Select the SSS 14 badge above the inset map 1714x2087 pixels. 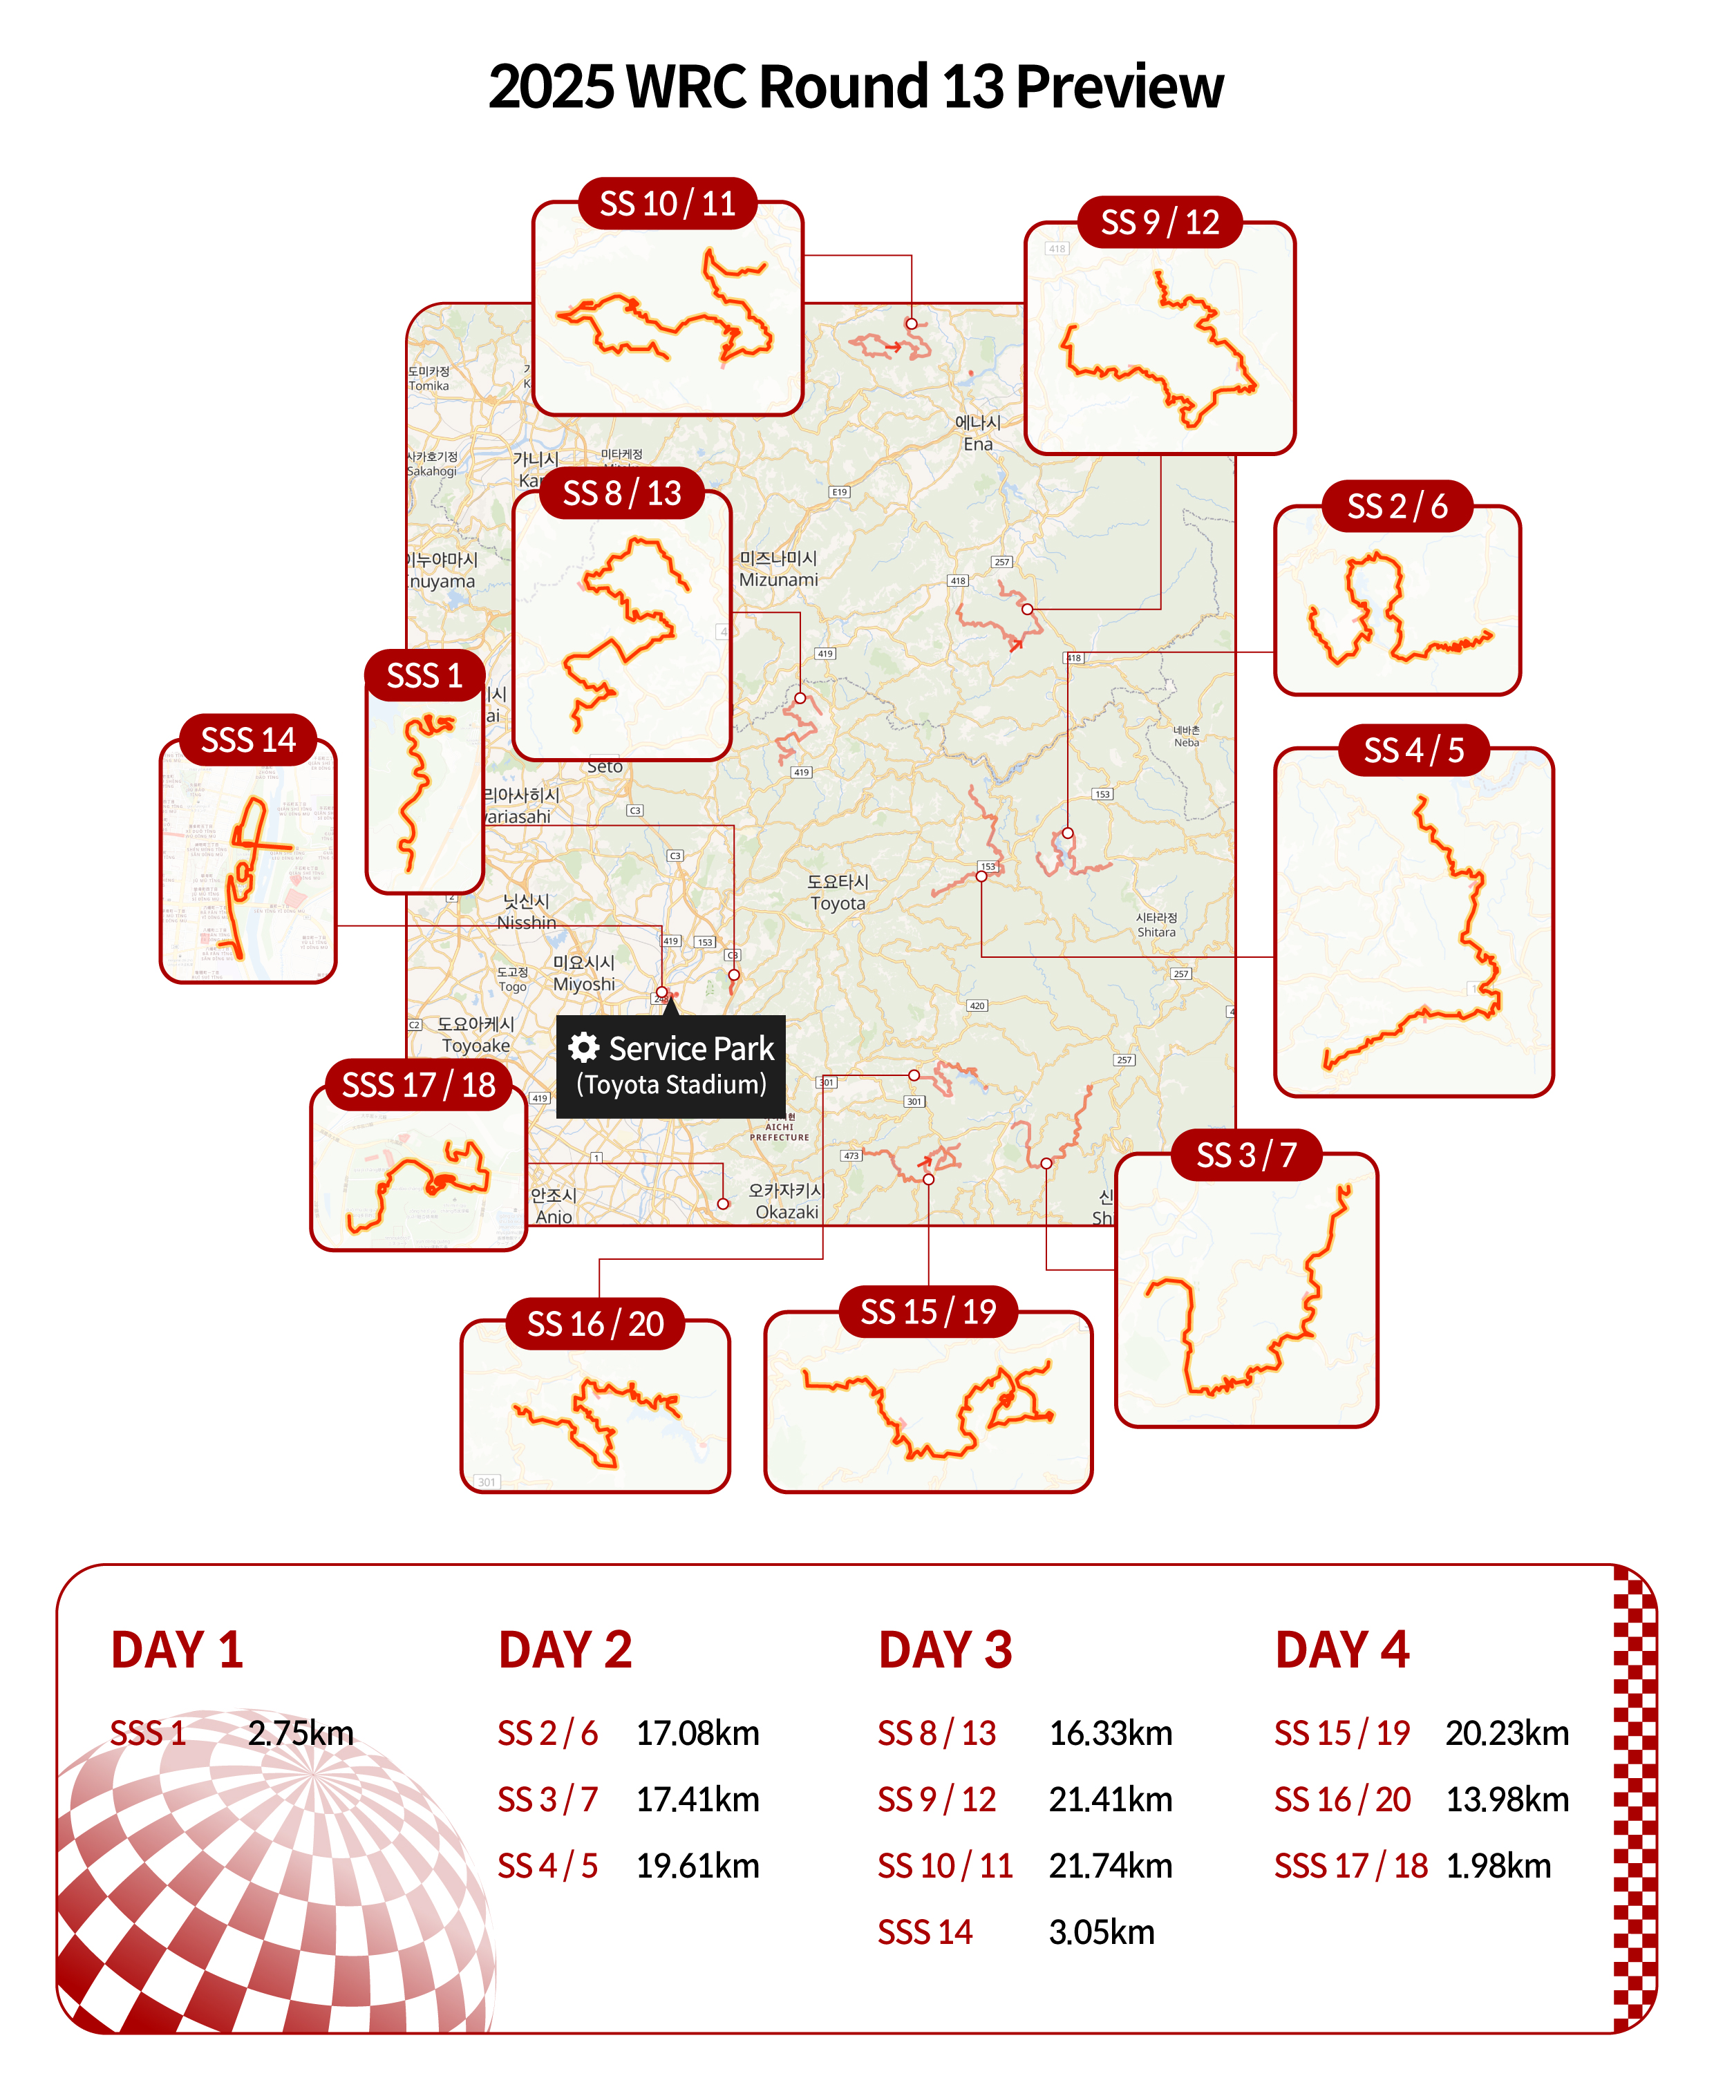coord(248,739)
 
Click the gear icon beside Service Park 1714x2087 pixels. coord(585,1048)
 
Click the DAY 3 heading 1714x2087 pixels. coord(945,1651)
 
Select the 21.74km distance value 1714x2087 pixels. coord(1110,1866)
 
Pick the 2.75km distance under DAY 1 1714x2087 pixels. coord(300,1734)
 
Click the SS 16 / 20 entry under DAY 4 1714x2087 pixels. coord(1341,1800)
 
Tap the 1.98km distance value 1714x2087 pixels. coord(1498,1866)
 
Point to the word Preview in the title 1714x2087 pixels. coord(1120,87)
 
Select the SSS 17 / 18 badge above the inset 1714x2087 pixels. coord(419,1085)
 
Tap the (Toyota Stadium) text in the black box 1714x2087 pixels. coord(671,1085)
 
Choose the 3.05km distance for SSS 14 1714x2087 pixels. coord(1101,1932)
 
